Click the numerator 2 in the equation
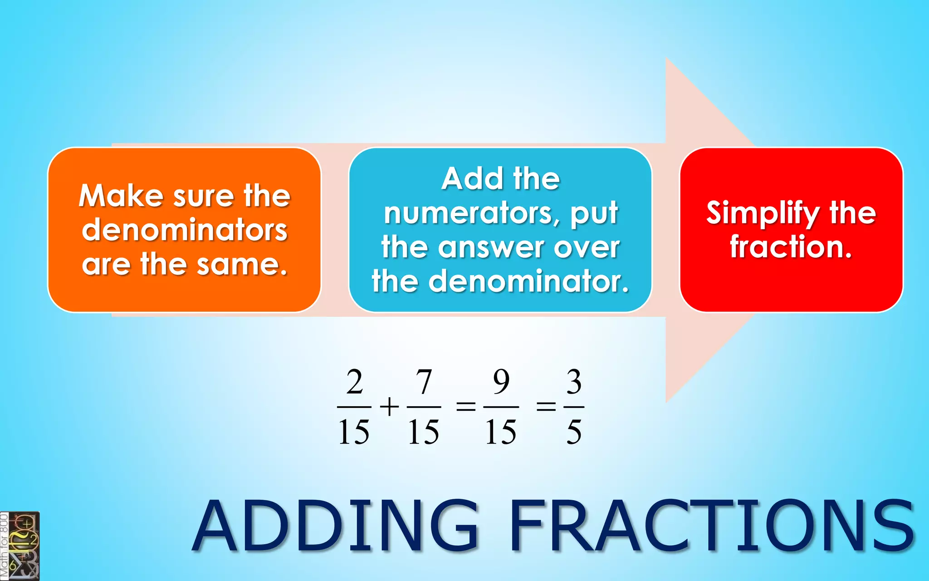[354, 382]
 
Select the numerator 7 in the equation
[424, 382]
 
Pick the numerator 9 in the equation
[501, 382]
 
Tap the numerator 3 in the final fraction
[574, 382]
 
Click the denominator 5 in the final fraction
[574, 432]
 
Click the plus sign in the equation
[389, 406]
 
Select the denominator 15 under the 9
[501, 432]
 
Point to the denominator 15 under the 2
[354, 432]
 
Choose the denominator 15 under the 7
[424, 432]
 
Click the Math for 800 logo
[20, 546]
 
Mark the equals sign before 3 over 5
[546, 406]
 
